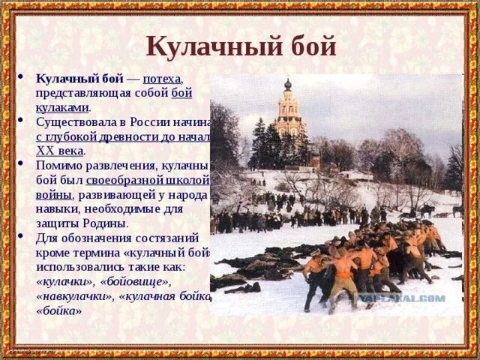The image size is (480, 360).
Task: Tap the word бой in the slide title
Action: [310, 46]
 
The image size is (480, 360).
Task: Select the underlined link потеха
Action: [162, 79]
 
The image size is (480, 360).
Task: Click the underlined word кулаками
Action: [63, 107]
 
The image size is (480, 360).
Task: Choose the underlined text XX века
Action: [60, 150]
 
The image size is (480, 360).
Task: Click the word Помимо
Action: [60, 166]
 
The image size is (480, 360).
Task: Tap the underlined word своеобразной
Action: [124, 180]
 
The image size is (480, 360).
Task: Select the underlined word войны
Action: [54, 194]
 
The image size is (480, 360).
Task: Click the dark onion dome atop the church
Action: [287, 85]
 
